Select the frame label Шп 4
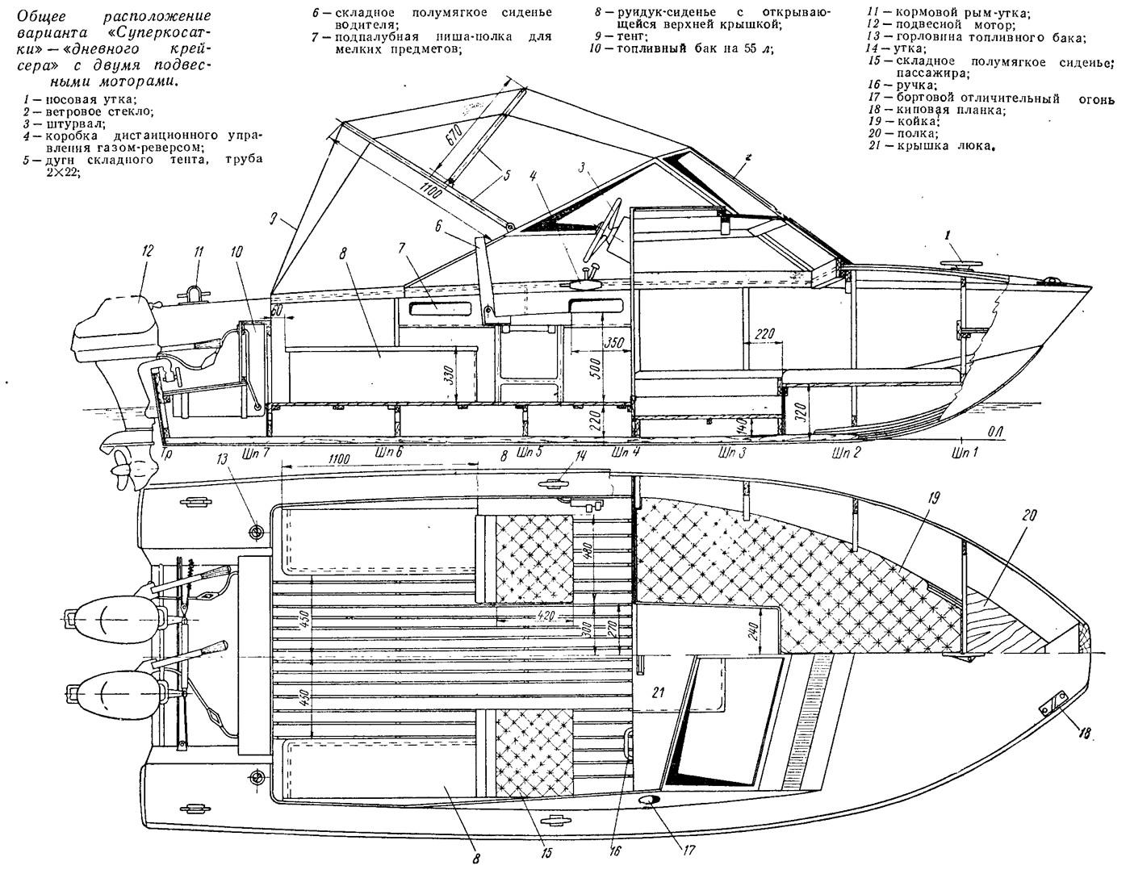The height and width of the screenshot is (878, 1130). (x=626, y=452)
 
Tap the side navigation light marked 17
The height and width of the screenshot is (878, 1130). (x=647, y=801)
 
